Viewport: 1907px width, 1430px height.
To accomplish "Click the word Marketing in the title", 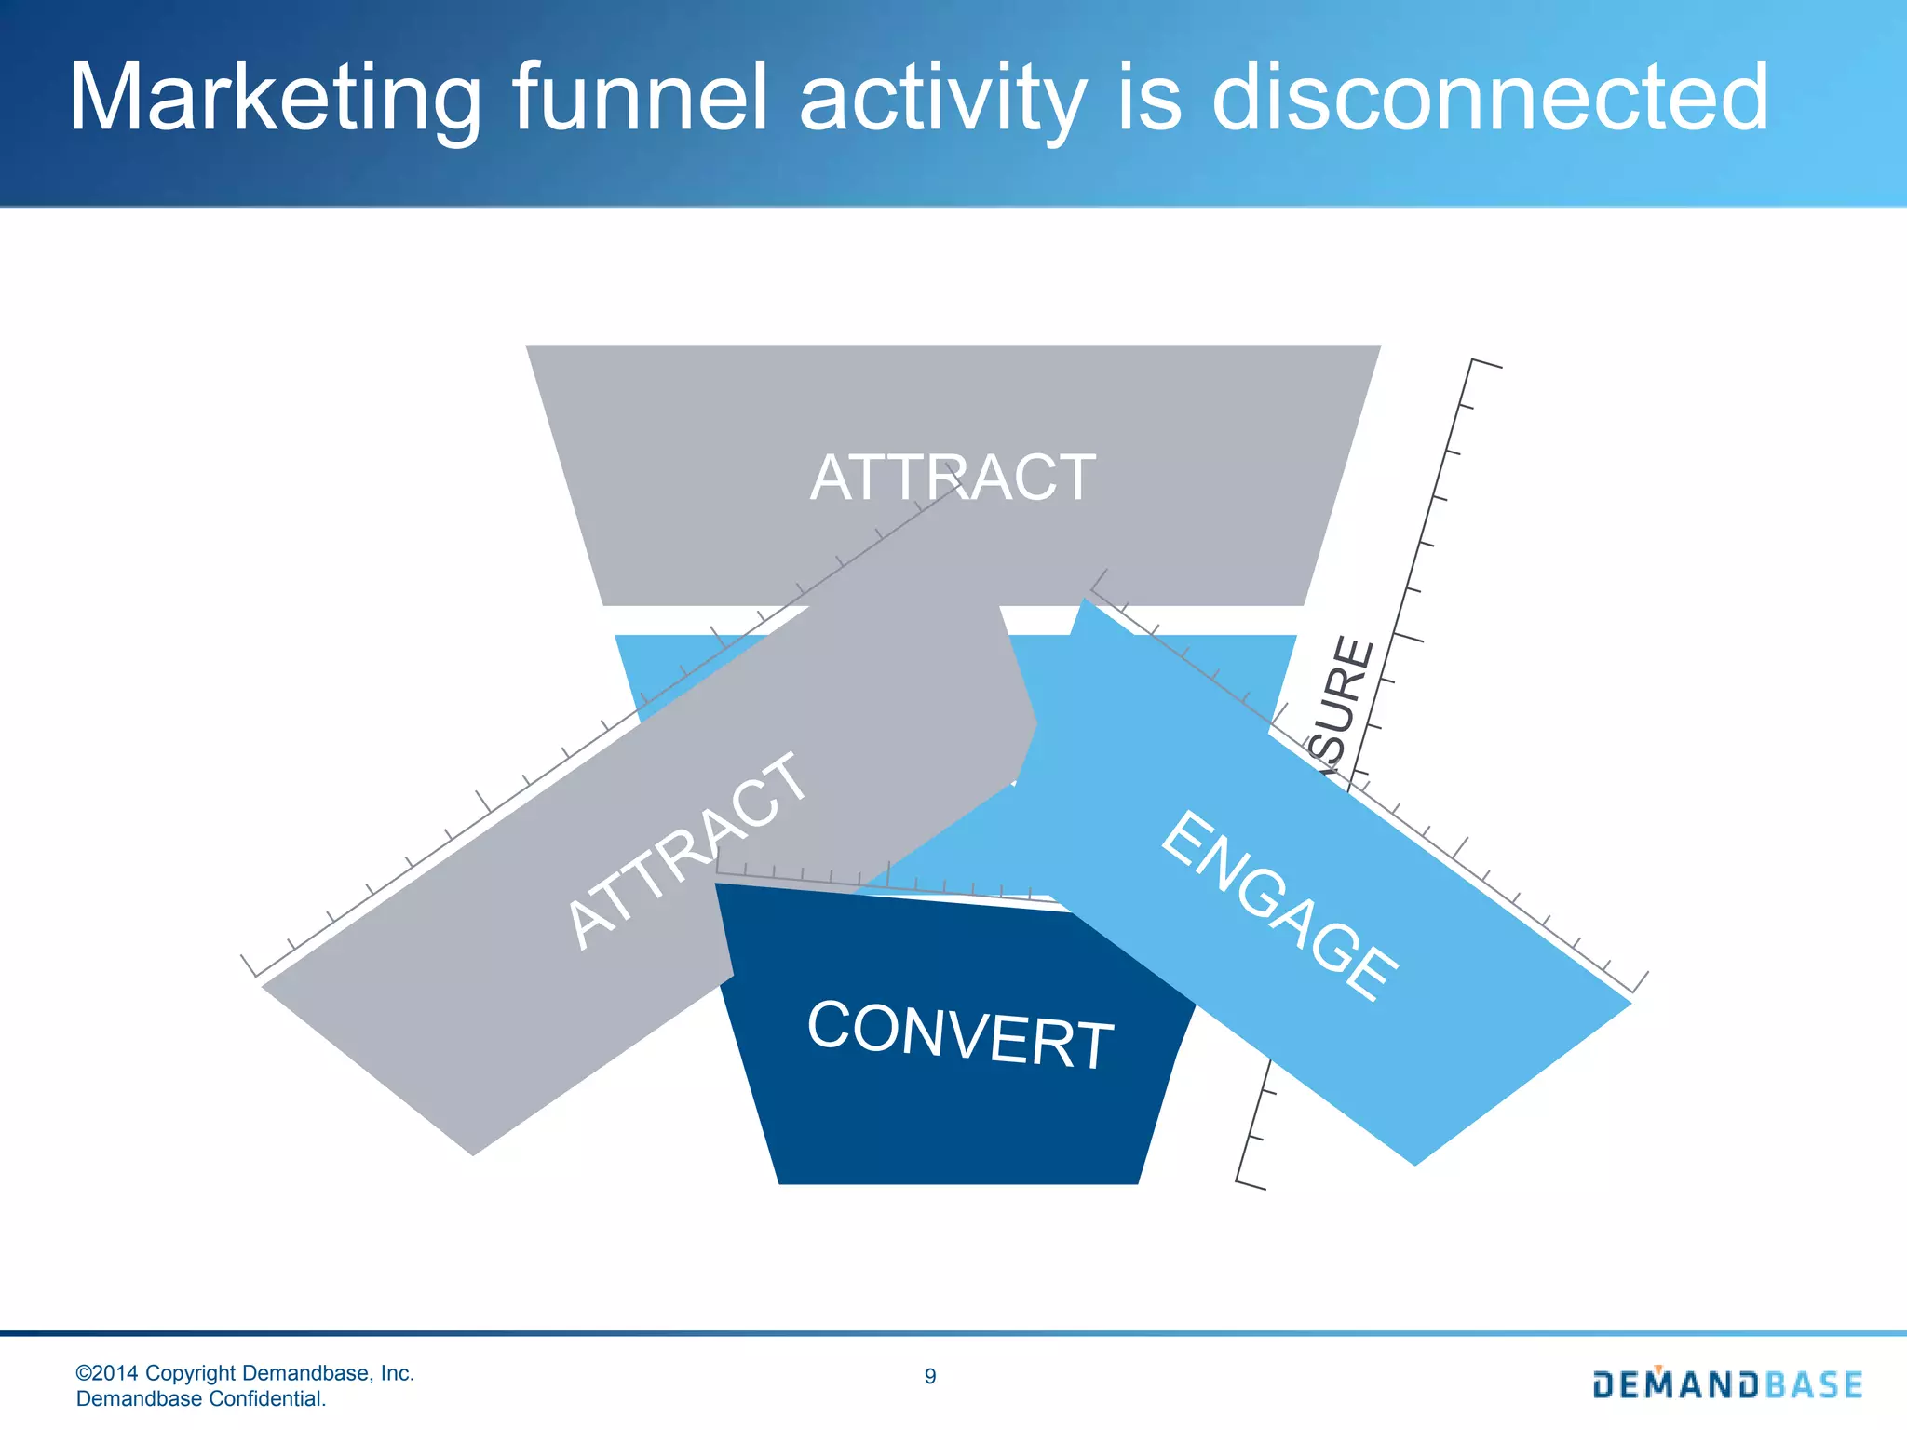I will tap(275, 98).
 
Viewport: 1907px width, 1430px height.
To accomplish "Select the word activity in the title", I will tap(942, 98).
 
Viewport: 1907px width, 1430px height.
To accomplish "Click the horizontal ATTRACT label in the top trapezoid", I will tap(953, 478).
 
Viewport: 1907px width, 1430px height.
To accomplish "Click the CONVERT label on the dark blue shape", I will tap(960, 1034).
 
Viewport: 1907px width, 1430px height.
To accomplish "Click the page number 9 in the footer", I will tap(930, 1377).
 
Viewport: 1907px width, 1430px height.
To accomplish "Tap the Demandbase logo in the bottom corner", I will tap(1727, 1384).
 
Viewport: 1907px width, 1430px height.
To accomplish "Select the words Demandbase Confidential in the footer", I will tap(201, 1398).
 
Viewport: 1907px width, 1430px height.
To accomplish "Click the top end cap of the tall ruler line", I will tap(1485, 363).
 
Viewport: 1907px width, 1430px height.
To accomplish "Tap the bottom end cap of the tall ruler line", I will tap(1251, 1184).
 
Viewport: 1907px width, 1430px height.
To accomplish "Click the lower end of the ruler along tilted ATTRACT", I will tap(249, 965).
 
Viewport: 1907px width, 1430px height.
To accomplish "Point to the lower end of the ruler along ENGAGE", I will tap(1639, 982).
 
